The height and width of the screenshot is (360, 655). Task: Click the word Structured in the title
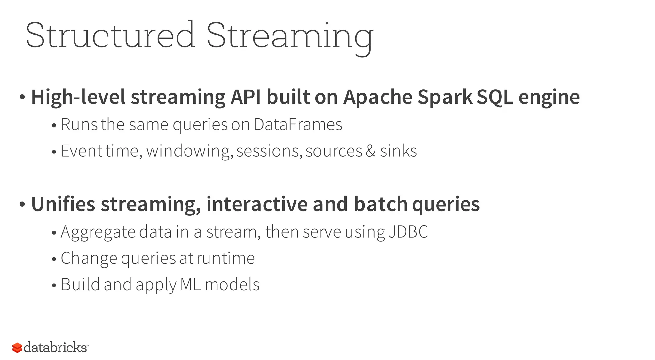point(110,35)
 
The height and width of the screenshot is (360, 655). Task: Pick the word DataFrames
point(298,124)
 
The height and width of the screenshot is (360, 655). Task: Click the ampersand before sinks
point(370,151)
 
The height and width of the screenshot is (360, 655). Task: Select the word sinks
point(398,151)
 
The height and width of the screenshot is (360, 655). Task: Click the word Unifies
point(63,204)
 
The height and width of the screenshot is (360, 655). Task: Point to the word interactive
point(257,204)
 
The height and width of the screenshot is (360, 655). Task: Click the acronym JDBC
point(408,232)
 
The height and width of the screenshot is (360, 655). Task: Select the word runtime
point(225,258)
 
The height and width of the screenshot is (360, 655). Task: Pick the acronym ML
point(191,285)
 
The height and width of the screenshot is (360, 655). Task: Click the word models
point(232,285)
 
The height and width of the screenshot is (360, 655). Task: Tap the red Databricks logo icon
point(17,348)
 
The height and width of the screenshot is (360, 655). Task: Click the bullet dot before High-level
point(22,97)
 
